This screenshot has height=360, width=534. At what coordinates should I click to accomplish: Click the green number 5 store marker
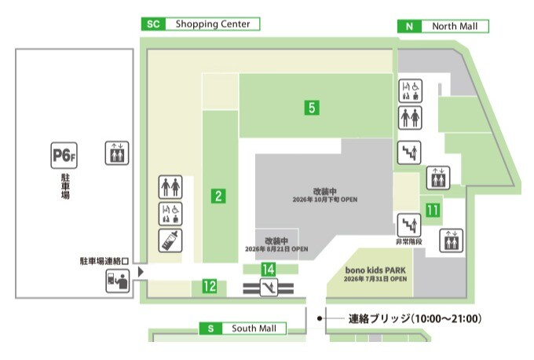[312, 108]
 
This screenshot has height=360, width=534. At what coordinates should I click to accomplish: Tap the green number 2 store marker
[218, 196]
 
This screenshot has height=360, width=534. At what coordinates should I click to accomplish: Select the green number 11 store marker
[433, 210]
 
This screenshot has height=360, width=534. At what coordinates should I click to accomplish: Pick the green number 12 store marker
[210, 286]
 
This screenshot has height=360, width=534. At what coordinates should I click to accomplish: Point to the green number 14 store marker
[269, 270]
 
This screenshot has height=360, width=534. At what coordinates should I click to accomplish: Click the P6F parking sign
[64, 156]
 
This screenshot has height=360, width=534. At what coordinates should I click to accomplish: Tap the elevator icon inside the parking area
[117, 153]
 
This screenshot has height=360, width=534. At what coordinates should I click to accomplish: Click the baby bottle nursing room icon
[170, 241]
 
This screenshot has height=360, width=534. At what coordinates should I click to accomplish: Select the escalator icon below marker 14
[269, 288]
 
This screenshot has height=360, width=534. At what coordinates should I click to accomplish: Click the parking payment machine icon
[118, 281]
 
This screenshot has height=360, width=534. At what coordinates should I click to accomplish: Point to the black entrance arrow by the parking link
[141, 272]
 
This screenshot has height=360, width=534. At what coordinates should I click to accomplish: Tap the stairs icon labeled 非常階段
[409, 225]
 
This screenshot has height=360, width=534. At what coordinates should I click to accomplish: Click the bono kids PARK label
[375, 270]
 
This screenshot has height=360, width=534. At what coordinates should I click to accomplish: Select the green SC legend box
[154, 24]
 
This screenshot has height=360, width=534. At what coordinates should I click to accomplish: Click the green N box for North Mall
[410, 26]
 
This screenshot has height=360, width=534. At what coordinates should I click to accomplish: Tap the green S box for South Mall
[210, 329]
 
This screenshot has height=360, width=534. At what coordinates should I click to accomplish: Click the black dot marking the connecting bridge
[320, 318]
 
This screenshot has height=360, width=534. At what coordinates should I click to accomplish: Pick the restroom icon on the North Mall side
[410, 118]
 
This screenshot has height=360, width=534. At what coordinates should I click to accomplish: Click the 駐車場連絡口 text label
[104, 261]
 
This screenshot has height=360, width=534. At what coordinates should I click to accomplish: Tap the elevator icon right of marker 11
[452, 241]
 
